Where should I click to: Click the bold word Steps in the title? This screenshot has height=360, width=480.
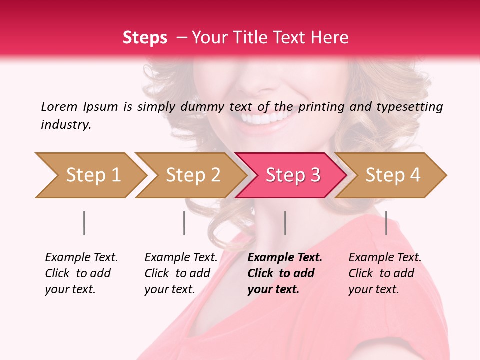(x=145, y=37)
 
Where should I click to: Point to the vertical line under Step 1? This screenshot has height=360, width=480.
(x=84, y=223)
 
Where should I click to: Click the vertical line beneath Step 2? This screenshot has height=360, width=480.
(x=184, y=223)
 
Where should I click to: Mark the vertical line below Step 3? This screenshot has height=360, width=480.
(x=285, y=223)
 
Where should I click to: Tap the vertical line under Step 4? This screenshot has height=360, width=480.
(x=386, y=223)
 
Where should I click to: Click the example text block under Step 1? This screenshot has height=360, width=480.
(x=81, y=273)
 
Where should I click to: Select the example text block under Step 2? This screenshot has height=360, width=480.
(x=181, y=273)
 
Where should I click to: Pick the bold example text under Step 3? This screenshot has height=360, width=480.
(x=285, y=273)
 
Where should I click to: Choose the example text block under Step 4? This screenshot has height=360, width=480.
(x=385, y=273)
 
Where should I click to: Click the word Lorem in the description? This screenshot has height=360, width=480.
(x=59, y=106)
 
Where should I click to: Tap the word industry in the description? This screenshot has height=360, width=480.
(x=65, y=124)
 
